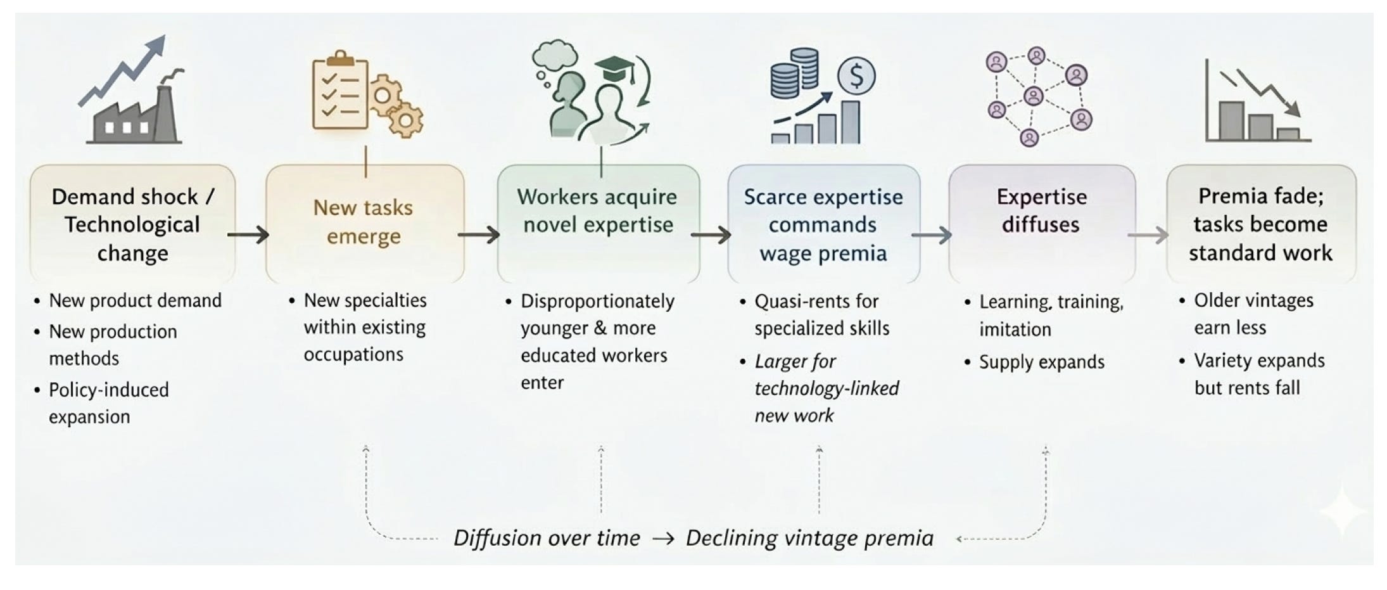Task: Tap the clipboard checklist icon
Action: [340, 91]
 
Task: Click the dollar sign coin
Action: [856, 76]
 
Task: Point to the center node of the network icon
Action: [1034, 96]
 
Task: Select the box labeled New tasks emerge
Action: [365, 223]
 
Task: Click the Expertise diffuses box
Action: [1042, 223]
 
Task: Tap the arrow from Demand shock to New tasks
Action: [248, 235]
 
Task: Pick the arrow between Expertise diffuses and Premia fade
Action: [1148, 235]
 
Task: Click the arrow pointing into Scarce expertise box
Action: [711, 235]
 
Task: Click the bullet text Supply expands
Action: [1042, 362]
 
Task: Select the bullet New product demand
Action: [136, 300]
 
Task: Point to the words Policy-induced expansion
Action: [109, 403]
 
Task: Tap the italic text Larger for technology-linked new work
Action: [826, 388]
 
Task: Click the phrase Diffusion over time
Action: [547, 538]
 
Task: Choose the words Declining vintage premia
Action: [809, 538]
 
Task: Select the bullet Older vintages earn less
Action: [1254, 314]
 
